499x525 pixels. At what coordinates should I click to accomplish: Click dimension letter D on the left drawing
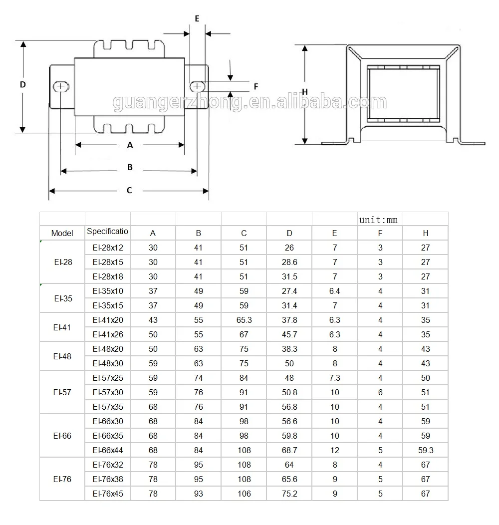tap(22, 85)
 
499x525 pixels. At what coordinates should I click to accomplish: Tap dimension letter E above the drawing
tap(197, 18)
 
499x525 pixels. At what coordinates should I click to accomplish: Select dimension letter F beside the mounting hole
tap(255, 86)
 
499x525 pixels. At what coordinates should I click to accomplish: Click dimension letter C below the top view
tap(129, 190)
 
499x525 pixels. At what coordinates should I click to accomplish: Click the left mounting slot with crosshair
tap(61, 86)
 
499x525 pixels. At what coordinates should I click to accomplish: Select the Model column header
tap(62, 233)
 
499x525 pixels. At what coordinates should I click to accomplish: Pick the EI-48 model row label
tap(62, 356)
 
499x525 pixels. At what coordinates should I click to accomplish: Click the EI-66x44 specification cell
tap(107, 450)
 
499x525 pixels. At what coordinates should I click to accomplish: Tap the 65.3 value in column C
tap(244, 320)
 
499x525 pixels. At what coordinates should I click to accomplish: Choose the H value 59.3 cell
tap(425, 450)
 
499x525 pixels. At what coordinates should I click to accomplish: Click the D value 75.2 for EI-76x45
tap(289, 494)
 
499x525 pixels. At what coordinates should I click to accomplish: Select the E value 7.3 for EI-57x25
tap(334, 378)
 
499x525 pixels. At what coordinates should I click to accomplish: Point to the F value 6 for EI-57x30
tap(380, 393)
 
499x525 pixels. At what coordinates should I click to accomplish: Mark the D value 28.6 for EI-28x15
tap(289, 262)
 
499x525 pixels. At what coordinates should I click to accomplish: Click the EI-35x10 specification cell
tap(107, 291)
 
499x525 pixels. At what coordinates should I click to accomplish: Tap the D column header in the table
tap(289, 233)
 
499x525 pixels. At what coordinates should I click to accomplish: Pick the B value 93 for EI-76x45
tap(198, 494)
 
